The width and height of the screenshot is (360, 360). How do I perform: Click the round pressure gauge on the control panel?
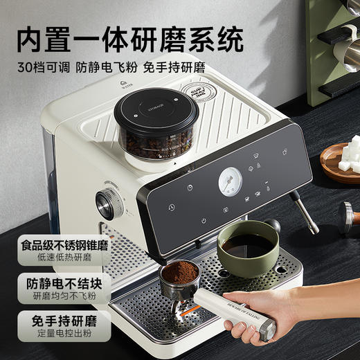pyautogui.click(x=229, y=181)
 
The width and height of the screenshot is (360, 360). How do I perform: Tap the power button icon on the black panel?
pyautogui.click(x=204, y=221)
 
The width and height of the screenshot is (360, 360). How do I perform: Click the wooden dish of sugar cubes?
pyautogui.click(x=341, y=160)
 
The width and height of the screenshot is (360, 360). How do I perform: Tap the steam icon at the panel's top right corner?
pyautogui.click(x=286, y=152)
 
